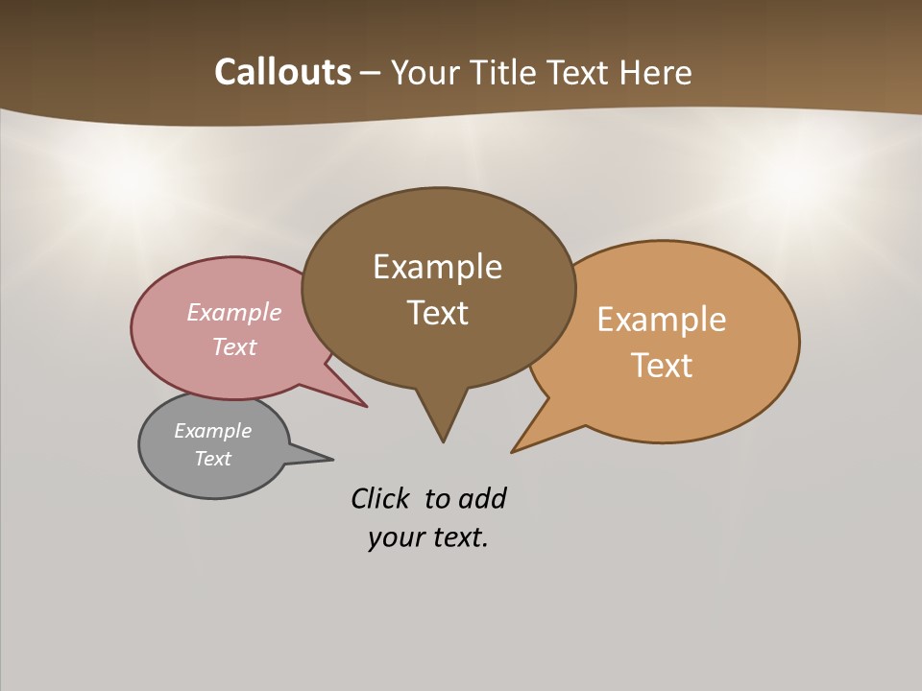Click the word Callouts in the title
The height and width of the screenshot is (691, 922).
[282, 72]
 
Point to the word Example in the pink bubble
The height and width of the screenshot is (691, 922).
[233, 312]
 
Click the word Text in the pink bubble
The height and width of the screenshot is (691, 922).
[233, 346]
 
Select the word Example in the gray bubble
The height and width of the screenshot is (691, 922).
[212, 431]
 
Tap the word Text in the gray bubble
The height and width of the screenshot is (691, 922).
[212, 459]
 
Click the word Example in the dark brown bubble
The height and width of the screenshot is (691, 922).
[437, 266]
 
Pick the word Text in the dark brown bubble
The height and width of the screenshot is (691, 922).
[437, 312]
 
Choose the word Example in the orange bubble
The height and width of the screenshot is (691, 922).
[662, 319]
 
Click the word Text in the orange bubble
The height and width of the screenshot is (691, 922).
[662, 365]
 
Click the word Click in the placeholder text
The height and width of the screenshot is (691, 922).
[379, 498]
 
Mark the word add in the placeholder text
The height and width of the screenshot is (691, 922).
[482, 498]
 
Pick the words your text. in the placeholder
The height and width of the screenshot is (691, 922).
[427, 537]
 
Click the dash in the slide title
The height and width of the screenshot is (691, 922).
[371, 73]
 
